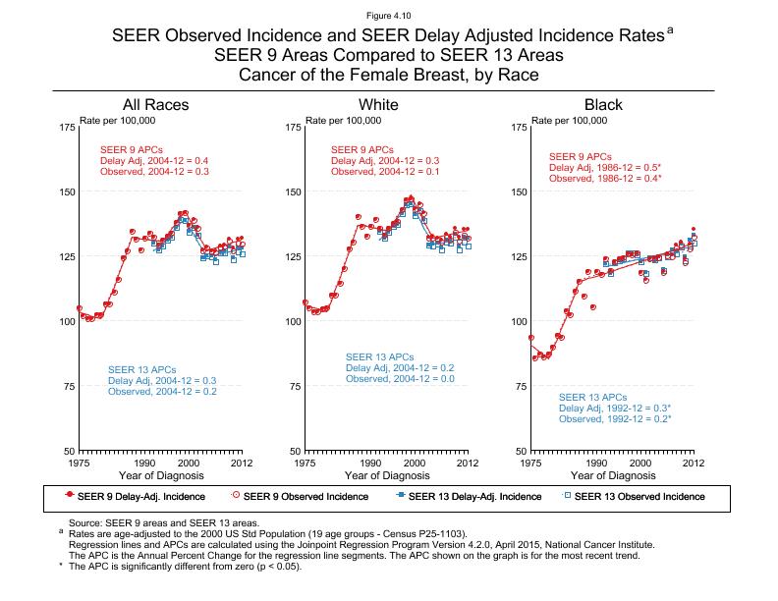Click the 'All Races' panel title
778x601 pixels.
point(155,105)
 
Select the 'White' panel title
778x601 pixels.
point(378,105)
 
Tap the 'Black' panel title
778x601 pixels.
point(603,105)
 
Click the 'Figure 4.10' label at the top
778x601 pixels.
point(389,13)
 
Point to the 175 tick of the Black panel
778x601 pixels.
point(520,128)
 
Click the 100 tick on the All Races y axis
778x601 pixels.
point(68,321)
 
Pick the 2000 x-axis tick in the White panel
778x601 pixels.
point(415,463)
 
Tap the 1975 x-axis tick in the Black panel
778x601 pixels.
point(531,463)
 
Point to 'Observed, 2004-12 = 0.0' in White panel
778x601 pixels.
point(400,379)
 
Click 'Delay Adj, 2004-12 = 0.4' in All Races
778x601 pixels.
point(154,160)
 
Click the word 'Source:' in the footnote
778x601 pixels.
point(84,524)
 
